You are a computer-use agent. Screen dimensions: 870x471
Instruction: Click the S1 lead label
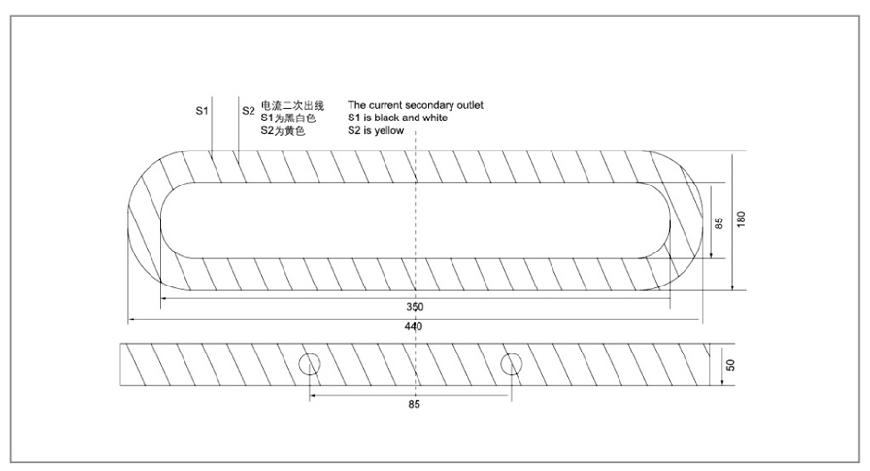click(x=201, y=111)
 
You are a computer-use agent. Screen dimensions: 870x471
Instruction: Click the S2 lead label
click(x=248, y=111)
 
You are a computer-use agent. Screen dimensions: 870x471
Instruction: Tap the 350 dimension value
click(x=415, y=307)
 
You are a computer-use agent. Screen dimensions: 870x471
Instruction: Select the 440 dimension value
click(x=414, y=326)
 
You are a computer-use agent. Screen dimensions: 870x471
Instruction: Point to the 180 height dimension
click(x=741, y=219)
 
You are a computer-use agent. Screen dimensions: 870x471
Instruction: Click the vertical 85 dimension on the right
click(x=719, y=223)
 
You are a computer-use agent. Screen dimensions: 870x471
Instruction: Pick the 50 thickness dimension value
click(x=731, y=365)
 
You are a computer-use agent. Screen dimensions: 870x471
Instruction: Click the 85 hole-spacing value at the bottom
click(x=414, y=404)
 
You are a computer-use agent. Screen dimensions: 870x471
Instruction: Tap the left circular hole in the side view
click(x=310, y=364)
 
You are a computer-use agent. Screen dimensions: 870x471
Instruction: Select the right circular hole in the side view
click(x=511, y=364)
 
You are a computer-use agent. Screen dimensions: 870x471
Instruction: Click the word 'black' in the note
click(x=386, y=118)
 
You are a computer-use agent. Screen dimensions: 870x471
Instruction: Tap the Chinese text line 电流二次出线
click(x=292, y=106)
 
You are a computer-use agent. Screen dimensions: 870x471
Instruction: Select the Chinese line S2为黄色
click(x=283, y=131)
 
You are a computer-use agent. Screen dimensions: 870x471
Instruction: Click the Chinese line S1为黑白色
click(x=288, y=118)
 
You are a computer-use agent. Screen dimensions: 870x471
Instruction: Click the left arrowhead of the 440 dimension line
click(x=132, y=320)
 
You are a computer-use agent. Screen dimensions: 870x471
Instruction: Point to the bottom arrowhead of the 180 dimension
click(x=732, y=286)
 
